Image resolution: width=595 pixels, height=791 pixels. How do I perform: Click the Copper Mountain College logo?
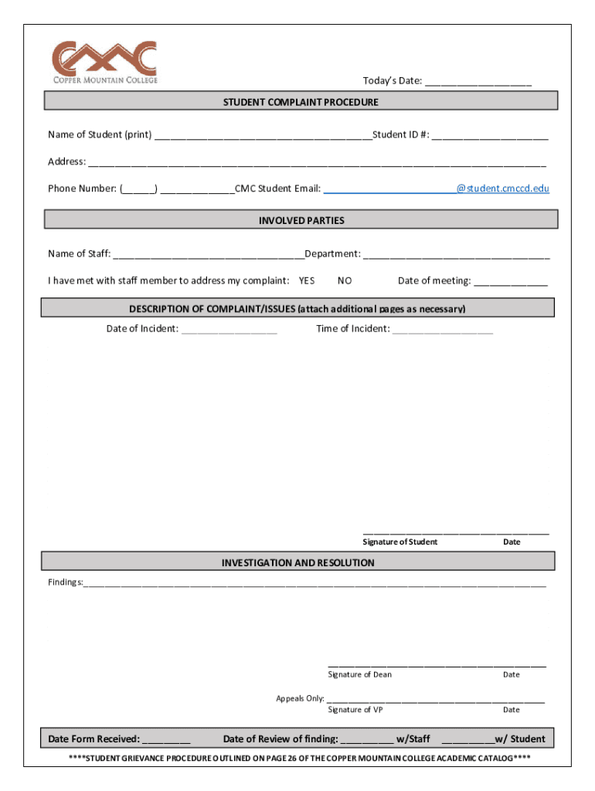pos(104,63)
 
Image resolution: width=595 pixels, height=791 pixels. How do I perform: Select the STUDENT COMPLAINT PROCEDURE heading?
pos(301,102)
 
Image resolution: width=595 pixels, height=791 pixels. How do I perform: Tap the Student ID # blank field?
pos(490,136)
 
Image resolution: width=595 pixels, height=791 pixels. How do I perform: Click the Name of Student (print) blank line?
pos(263,136)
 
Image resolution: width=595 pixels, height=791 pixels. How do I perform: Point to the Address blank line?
pos(317,163)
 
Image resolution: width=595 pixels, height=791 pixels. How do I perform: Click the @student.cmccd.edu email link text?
pos(502,188)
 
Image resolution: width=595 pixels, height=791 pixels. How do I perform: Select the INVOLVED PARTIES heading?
pos(301,221)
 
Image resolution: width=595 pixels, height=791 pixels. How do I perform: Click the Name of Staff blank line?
pos(208,255)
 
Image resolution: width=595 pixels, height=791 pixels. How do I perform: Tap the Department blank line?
pos(456,255)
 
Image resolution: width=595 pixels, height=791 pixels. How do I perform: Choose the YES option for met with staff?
pos(307,281)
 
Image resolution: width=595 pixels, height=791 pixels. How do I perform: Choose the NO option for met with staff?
pos(345,281)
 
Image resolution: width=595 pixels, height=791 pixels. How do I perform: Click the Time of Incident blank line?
pos(442,330)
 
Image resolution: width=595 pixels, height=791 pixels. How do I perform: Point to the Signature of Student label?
pos(399,542)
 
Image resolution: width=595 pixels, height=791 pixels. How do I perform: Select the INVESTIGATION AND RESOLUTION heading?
pos(297,563)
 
